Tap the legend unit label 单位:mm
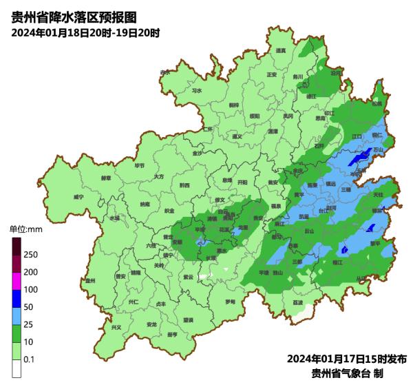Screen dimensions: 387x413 click(x=25, y=229)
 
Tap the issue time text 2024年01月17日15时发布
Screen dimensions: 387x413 click(x=347, y=359)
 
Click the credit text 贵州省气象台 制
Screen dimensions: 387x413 click(x=347, y=373)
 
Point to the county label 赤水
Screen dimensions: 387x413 click(x=165, y=72)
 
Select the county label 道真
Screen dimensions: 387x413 click(x=280, y=51)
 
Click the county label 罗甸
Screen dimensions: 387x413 click(x=230, y=302)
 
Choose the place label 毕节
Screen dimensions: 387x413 click(x=140, y=166)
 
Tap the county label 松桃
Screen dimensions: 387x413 click(x=376, y=104)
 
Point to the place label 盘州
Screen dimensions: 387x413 click(x=89, y=280)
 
